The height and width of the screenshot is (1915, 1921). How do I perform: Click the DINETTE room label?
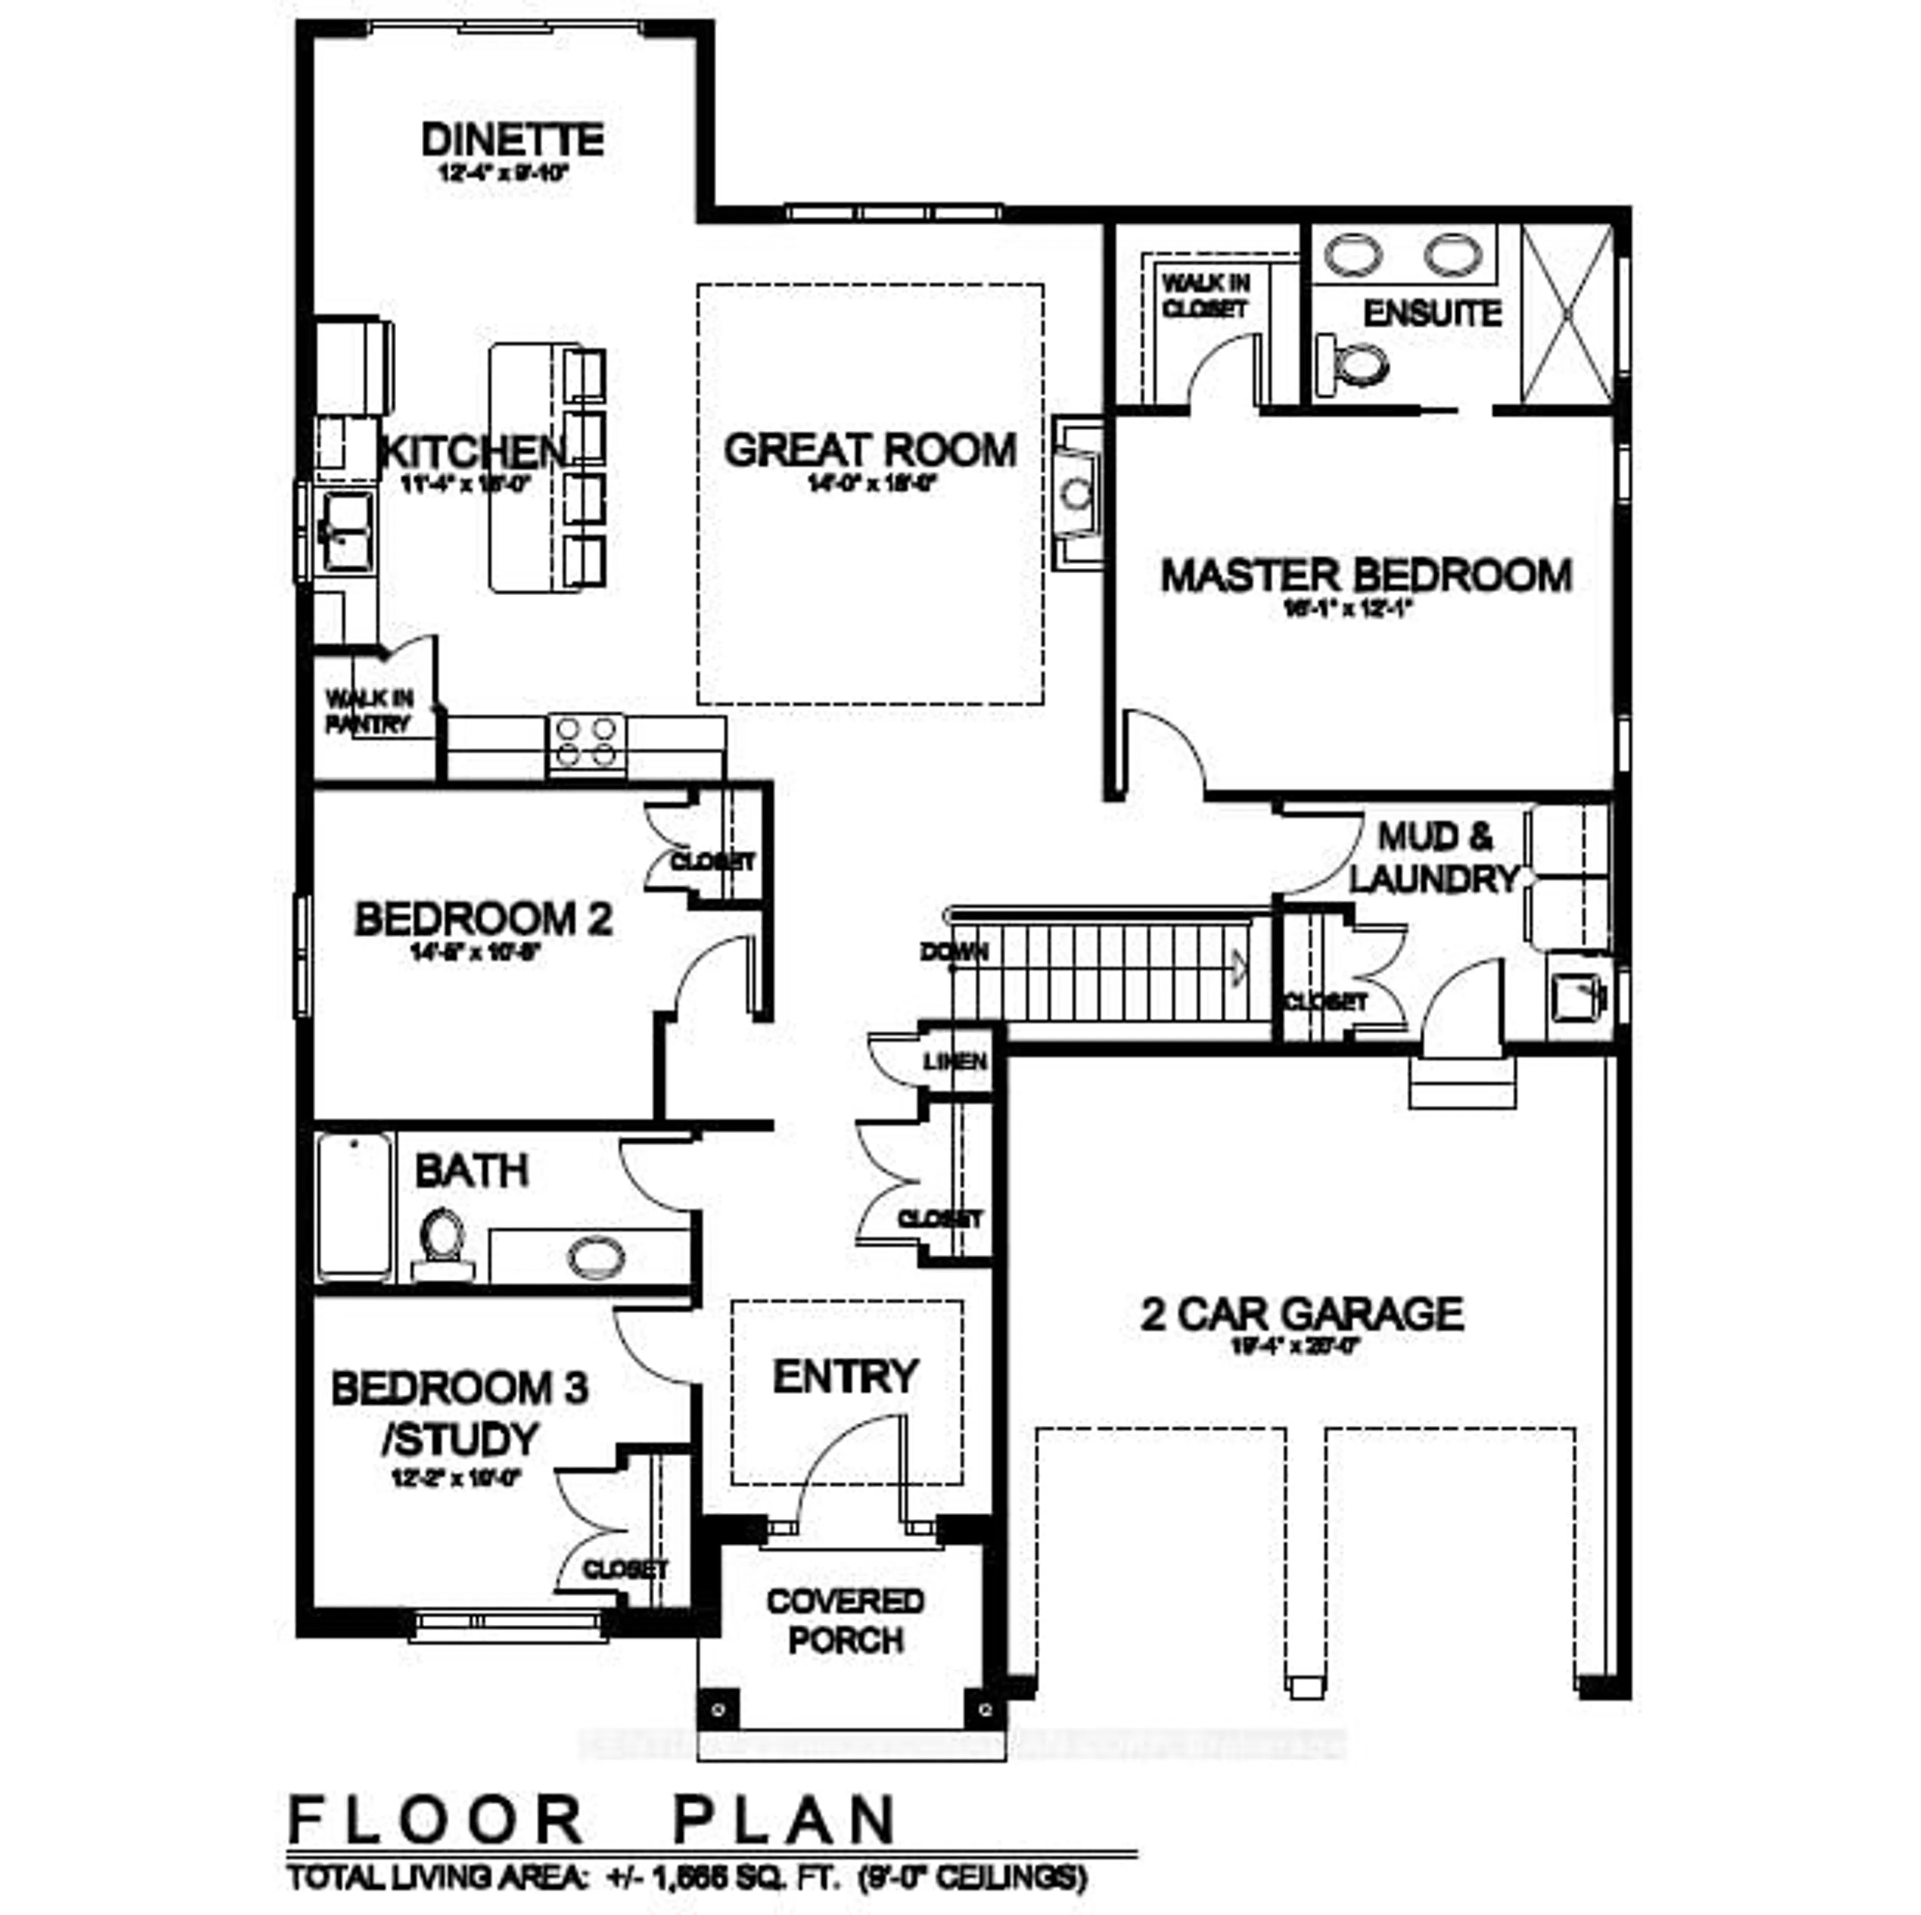[512, 139]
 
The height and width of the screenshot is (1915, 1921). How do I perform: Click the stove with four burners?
[587, 742]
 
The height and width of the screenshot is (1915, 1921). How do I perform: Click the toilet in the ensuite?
[1355, 363]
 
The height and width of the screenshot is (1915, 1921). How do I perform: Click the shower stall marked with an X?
[1567, 314]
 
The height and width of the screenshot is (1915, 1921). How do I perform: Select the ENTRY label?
[845, 1377]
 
